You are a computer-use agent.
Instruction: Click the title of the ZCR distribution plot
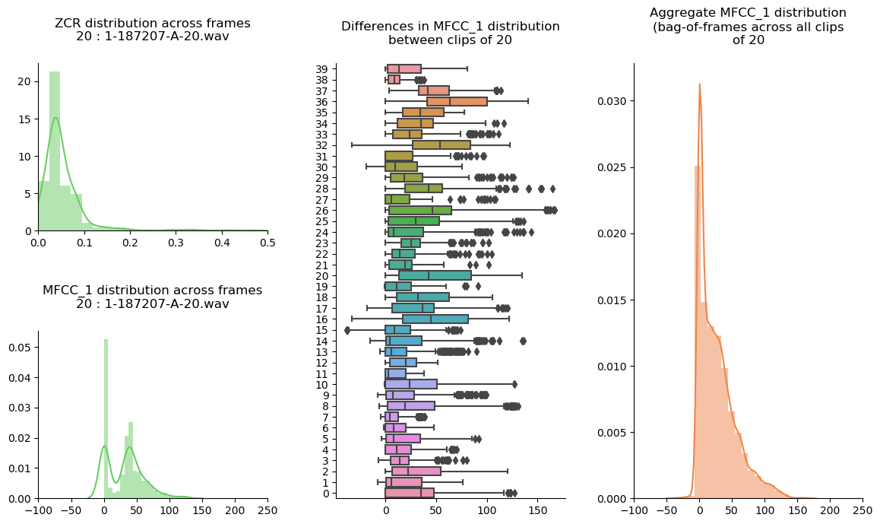coord(152,30)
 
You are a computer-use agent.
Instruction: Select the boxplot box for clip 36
coord(457,101)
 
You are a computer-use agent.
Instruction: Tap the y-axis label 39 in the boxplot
coord(321,68)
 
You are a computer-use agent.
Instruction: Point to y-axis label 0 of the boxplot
coord(324,494)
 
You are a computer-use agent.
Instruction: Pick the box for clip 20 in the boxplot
coord(435,275)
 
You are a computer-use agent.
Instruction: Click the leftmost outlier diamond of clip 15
coord(347,330)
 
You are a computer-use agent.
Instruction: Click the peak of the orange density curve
coord(699,84)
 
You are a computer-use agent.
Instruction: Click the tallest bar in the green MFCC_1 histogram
coord(106,418)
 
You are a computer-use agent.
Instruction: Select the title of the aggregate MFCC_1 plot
coord(748,27)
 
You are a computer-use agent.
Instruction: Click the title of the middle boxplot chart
coord(450,33)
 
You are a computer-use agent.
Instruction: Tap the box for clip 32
coord(442,144)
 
